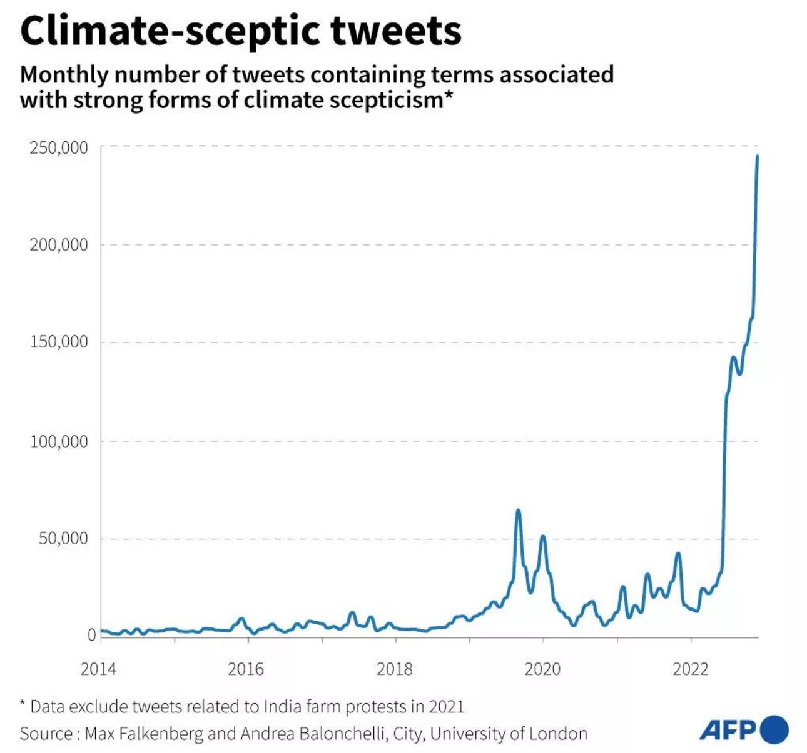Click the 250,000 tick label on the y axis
coord(59,148)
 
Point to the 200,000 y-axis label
coord(59,245)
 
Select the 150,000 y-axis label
coord(59,342)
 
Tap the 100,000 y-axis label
coord(59,442)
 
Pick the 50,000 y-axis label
coord(63,539)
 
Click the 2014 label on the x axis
coord(98,669)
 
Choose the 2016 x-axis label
coord(246,669)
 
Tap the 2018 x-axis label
coord(395,669)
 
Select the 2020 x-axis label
coord(542,669)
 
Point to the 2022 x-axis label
coord(691,669)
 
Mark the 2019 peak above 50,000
coord(518,511)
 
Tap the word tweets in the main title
coord(396,31)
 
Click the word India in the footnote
coord(280,707)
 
